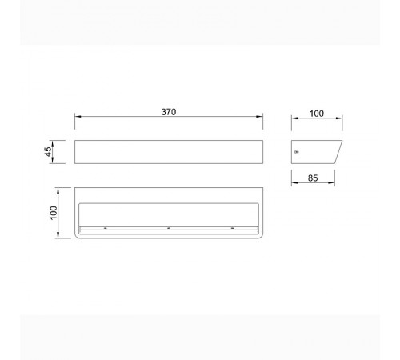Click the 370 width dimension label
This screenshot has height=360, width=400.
pyautogui.click(x=169, y=112)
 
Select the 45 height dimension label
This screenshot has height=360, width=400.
pyautogui.click(x=48, y=151)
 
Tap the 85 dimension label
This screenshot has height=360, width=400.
pyautogui.click(x=313, y=178)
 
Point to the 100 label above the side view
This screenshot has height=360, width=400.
pyautogui.click(x=317, y=114)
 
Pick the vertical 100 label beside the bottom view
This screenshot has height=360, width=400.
pyautogui.click(x=54, y=213)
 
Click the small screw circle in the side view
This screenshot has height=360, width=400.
pyautogui.click(x=297, y=152)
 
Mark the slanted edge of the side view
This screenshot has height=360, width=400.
pyautogui.click(x=338, y=152)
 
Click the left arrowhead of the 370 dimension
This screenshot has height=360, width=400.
pyautogui.click(x=78, y=116)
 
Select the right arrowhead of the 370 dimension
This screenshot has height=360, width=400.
pyautogui.click(x=259, y=116)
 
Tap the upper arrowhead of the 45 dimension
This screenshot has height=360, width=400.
pyautogui.click(x=53, y=143)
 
